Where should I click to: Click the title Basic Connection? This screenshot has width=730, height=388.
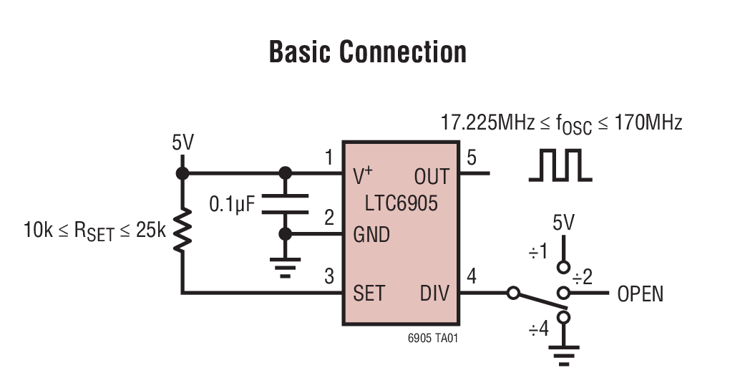point(367,52)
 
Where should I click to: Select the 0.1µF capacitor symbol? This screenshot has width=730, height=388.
point(285,203)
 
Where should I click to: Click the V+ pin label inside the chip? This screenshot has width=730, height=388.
point(364,176)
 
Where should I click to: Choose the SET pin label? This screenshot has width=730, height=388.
point(369,293)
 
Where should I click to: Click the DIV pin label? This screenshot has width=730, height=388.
point(434,293)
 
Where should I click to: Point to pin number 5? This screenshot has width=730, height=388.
point(471,157)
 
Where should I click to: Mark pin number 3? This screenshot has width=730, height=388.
point(329,276)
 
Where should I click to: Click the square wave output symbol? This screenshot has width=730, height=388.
point(560,166)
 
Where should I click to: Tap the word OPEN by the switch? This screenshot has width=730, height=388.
point(640,294)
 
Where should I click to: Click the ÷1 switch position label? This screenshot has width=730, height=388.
point(538,251)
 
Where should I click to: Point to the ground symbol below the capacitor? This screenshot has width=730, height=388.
point(285,267)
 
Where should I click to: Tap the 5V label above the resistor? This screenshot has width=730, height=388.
point(182,143)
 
